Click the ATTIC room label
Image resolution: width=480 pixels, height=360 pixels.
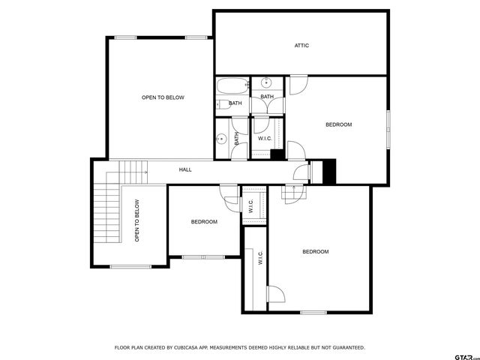point(301,46)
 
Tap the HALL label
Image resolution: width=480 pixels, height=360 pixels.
point(185,169)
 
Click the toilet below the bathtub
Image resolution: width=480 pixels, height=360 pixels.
point(222,103)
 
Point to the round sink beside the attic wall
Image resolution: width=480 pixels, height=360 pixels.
point(266,82)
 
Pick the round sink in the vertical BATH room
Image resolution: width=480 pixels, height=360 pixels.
point(221,138)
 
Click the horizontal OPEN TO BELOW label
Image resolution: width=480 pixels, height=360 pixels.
point(163,97)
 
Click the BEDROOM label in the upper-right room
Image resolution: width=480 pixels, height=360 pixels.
point(338,124)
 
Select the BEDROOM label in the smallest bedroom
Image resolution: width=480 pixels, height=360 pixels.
point(204,221)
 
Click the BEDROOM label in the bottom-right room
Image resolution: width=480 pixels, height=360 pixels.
point(315,252)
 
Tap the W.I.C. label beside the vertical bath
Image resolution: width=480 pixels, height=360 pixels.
point(265,139)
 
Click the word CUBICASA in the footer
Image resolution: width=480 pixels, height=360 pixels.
point(181,348)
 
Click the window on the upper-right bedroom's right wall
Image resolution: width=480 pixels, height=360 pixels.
point(388,129)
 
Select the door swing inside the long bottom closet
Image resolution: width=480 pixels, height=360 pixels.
point(275,295)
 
